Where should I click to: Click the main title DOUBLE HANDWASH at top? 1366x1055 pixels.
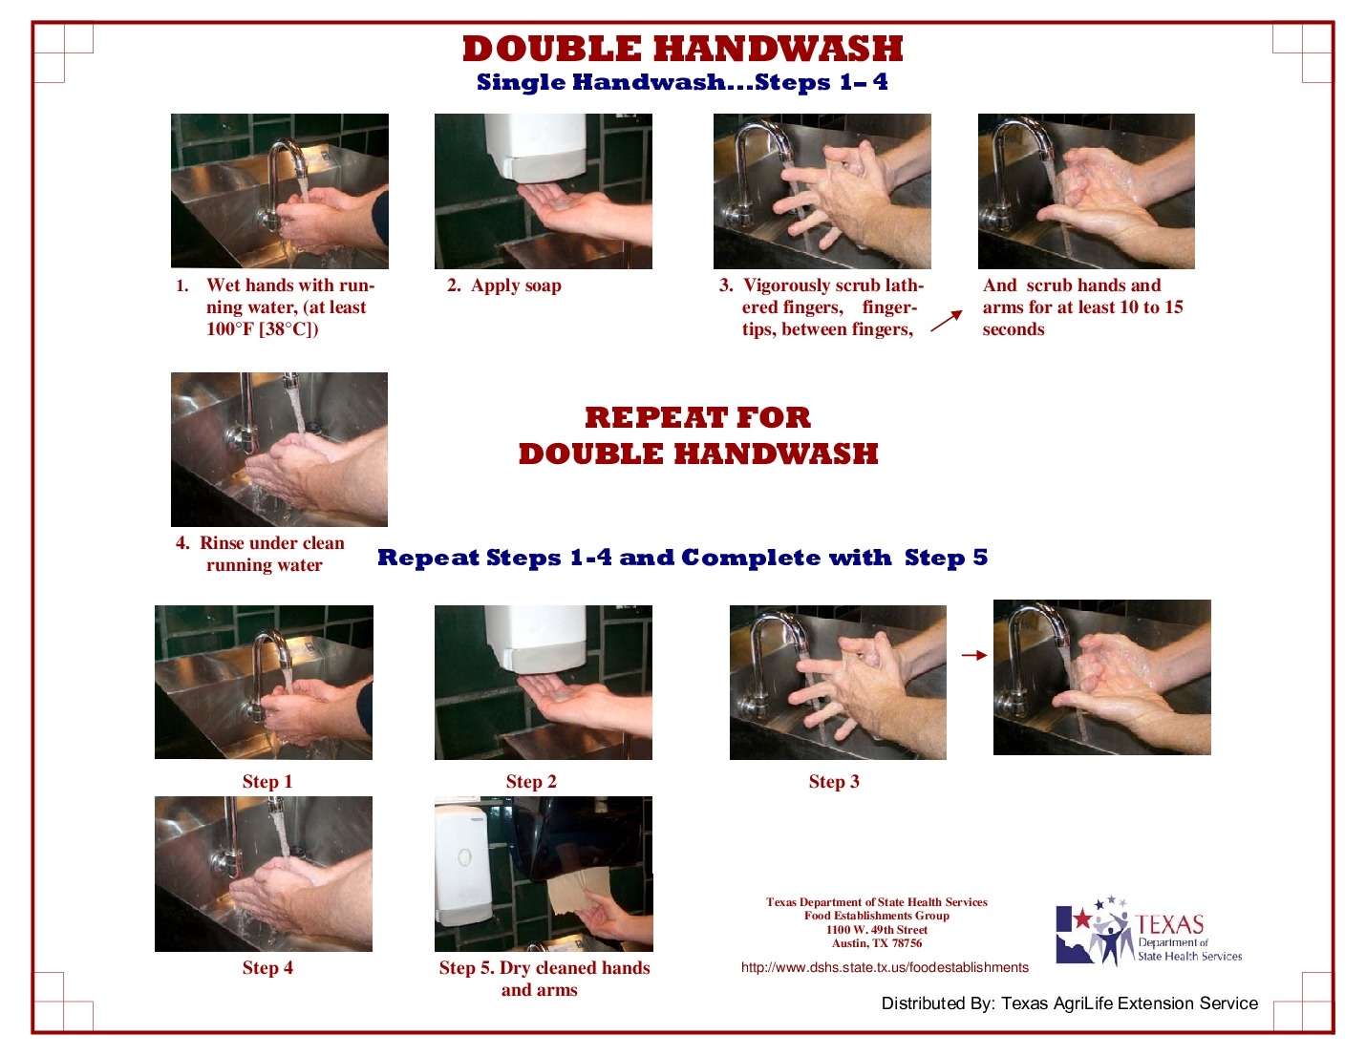[x=682, y=49]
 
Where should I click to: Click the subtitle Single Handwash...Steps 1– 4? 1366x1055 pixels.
[x=682, y=82]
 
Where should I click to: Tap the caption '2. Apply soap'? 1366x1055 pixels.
[x=504, y=285]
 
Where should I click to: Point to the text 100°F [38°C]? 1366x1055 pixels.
[x=262, y=329]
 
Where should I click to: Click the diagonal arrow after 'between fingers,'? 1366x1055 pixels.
[x=946, y=322]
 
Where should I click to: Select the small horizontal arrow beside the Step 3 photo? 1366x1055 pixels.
[x=973, y=655]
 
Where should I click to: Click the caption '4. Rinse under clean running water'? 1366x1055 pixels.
[x=261, y=554]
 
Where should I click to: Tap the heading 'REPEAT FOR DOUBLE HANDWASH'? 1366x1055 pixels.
[x=697, y=435]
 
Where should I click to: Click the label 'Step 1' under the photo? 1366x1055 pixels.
[x=267, y=782]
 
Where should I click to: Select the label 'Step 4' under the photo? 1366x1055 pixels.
[x=267, y=968]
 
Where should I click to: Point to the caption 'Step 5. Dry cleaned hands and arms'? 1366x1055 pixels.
[x=544, y=979]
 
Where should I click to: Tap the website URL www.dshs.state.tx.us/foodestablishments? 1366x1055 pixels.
[x=885, y=967]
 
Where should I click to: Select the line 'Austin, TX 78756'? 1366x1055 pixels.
[x=876, y=943]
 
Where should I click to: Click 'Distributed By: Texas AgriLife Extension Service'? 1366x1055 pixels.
[x=1069, y=1003]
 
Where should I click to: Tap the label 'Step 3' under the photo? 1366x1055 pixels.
[x=834, y=782]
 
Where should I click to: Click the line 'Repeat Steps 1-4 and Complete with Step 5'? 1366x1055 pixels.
[x=682, y=558]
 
